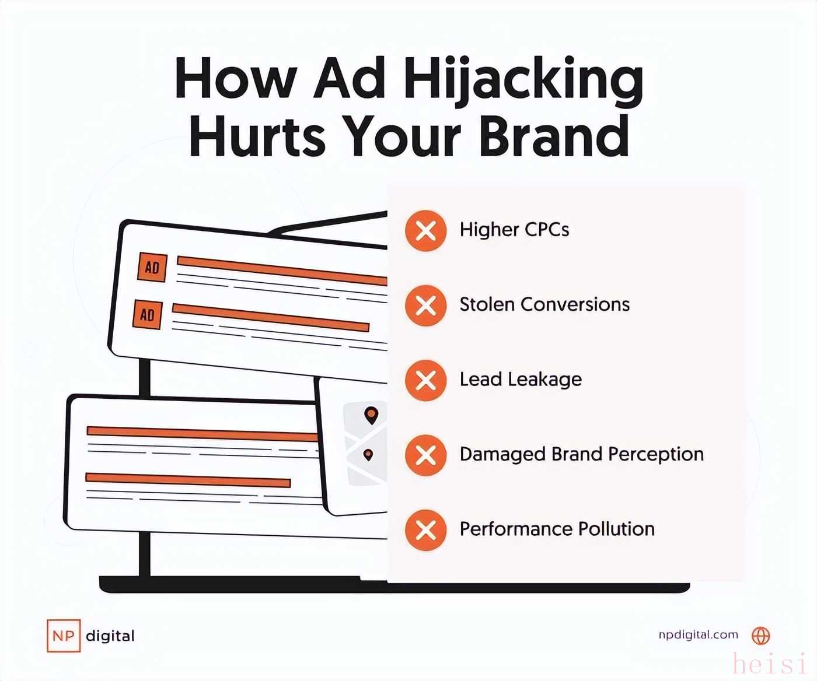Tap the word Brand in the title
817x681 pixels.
tap(554, 135)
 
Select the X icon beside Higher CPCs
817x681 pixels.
tap(426, 231)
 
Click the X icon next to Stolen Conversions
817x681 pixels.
tap(426, 306)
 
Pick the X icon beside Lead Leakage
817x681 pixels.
tap(426, 380)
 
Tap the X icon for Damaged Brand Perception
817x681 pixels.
tap(426, 455)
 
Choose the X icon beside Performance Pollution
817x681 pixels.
tap(426, 530)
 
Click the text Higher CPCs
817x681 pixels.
tap(514, 230)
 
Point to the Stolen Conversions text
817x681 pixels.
tap(544, 304)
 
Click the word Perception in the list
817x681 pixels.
tap(656, 455)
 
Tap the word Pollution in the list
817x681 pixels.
tap(616, 529)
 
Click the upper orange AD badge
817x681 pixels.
tap(152, 268)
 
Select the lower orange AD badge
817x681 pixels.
tap(148, 315)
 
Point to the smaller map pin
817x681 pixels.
tap(368, 455)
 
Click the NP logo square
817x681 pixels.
tap(64, 636)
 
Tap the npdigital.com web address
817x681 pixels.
tap(698, 635)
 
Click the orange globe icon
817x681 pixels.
tap(760, 636)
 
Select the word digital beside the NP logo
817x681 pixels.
tap(110, 636)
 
